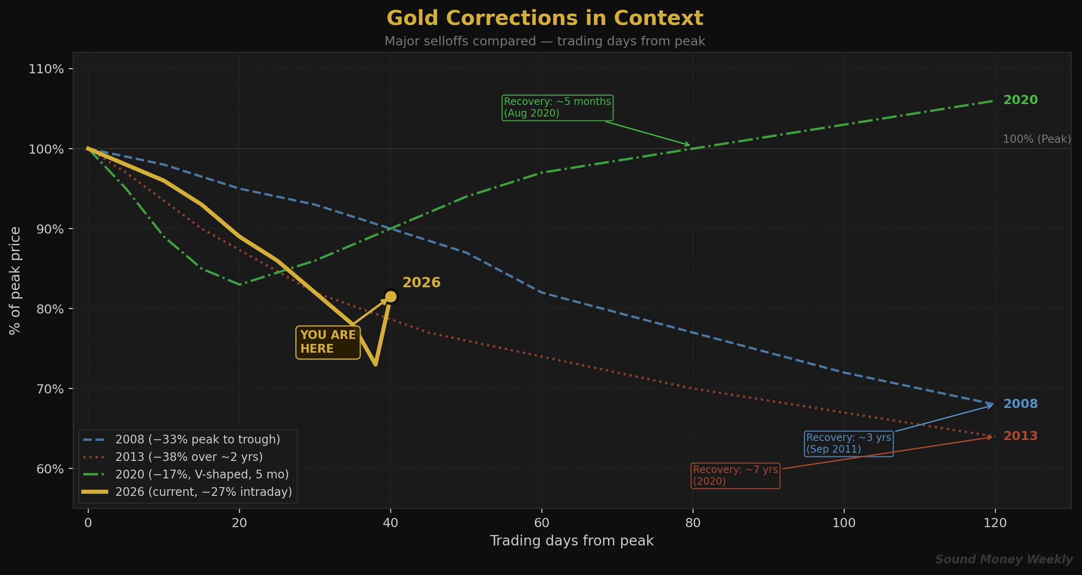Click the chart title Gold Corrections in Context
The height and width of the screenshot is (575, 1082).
click(x=545, y=18)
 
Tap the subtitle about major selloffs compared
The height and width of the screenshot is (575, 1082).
click(x=545, y=41)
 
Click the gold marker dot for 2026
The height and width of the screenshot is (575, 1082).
click(x=391, y=296)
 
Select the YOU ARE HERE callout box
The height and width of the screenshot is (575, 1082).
click(x=328, y=342)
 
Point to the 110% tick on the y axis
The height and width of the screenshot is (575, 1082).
click(x=46, y=69)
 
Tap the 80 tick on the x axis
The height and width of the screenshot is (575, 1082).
click(x=693, y=523)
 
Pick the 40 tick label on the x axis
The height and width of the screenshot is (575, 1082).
click(x=391, y=523)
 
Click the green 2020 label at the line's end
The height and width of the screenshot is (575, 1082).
click(x=1020, y=100)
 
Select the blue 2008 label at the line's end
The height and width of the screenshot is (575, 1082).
click(x=1020, y=404)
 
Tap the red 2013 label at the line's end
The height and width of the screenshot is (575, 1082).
click(x=1020, y=436)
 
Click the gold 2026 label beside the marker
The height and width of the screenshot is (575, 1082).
click(x=421, y=283)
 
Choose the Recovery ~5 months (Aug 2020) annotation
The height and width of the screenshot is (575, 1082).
click(x=557, y=107)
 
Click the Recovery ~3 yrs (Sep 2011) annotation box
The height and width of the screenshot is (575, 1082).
click(x=848, y=443)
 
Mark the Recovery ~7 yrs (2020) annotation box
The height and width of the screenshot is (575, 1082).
click(x=735, y=475)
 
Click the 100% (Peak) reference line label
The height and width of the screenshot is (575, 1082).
click(x=1037, y=139)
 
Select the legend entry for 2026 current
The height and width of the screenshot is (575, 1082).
click(x=203, y=492)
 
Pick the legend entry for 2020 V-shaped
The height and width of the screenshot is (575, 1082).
click(x=202, y=474)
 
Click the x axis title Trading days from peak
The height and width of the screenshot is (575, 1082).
click(x=572, y=540)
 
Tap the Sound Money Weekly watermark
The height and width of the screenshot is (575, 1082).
click(x=1003, y=560)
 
